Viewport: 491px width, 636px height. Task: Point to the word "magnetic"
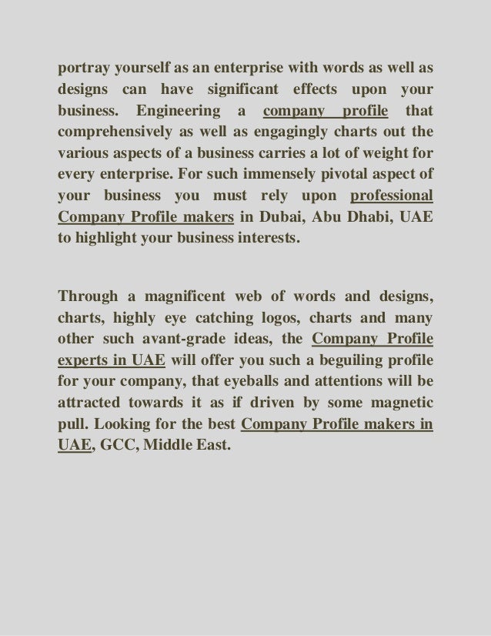396,403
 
